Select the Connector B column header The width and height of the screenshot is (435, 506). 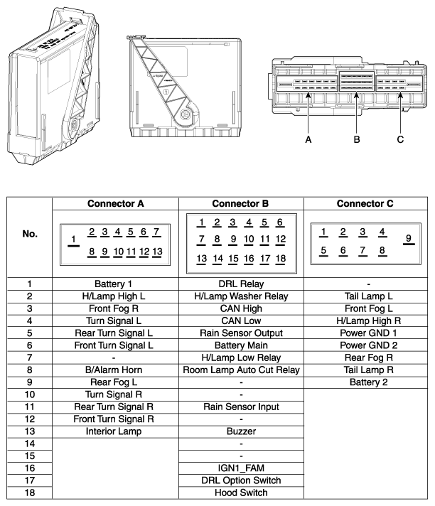(x=240, y=203)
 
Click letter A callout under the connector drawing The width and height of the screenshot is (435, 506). (x=308, y=140)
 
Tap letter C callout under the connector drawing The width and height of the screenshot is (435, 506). (x=400, y=140)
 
